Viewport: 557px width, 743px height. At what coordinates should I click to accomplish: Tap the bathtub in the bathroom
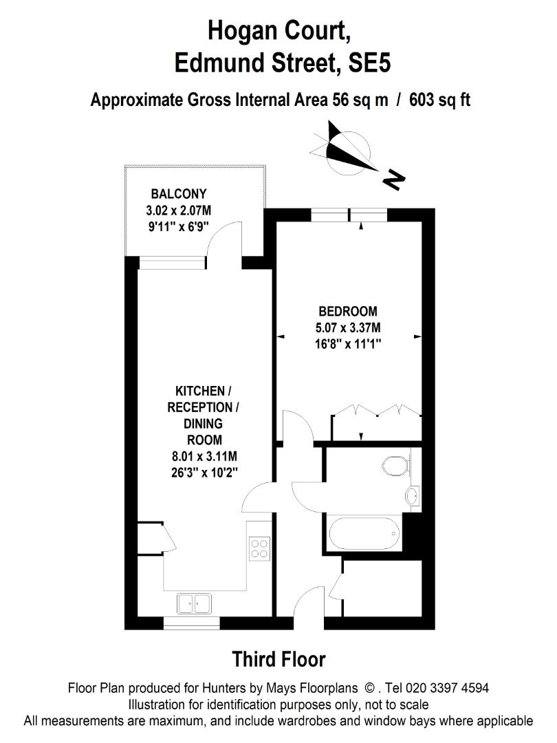point(364,533)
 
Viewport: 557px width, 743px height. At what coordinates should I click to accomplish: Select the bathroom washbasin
point(413,495)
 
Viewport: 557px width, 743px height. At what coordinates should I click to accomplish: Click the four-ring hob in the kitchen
point(259,548)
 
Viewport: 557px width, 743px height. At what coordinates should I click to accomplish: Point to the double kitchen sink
point(194,603)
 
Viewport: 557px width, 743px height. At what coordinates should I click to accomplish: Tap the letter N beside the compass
point(393,180)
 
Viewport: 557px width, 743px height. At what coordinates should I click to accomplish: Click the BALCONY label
point(179,193)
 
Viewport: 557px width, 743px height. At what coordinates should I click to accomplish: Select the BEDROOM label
point(347,312)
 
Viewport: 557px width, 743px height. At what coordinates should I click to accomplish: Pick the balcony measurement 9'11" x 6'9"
point(179,226)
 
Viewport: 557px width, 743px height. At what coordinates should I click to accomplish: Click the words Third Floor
point(278,659)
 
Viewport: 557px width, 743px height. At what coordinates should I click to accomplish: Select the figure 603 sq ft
point(439,100)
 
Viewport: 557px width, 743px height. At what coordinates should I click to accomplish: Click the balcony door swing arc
point(226,241)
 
